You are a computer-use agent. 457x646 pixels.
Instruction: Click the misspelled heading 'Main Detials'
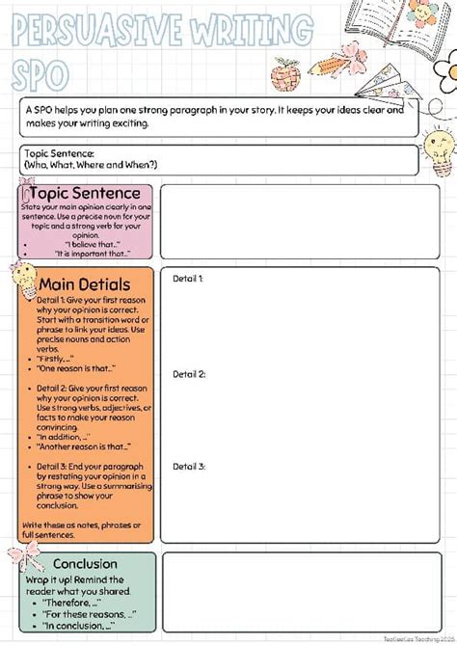pos(85,284)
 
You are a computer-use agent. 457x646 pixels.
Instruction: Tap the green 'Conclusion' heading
pos(86,564)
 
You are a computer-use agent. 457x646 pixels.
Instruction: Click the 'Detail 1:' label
pos(188,279)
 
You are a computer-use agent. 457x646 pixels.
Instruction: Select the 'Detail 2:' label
pos(189,374)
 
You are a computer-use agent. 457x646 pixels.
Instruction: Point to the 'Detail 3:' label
pos(189,466)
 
